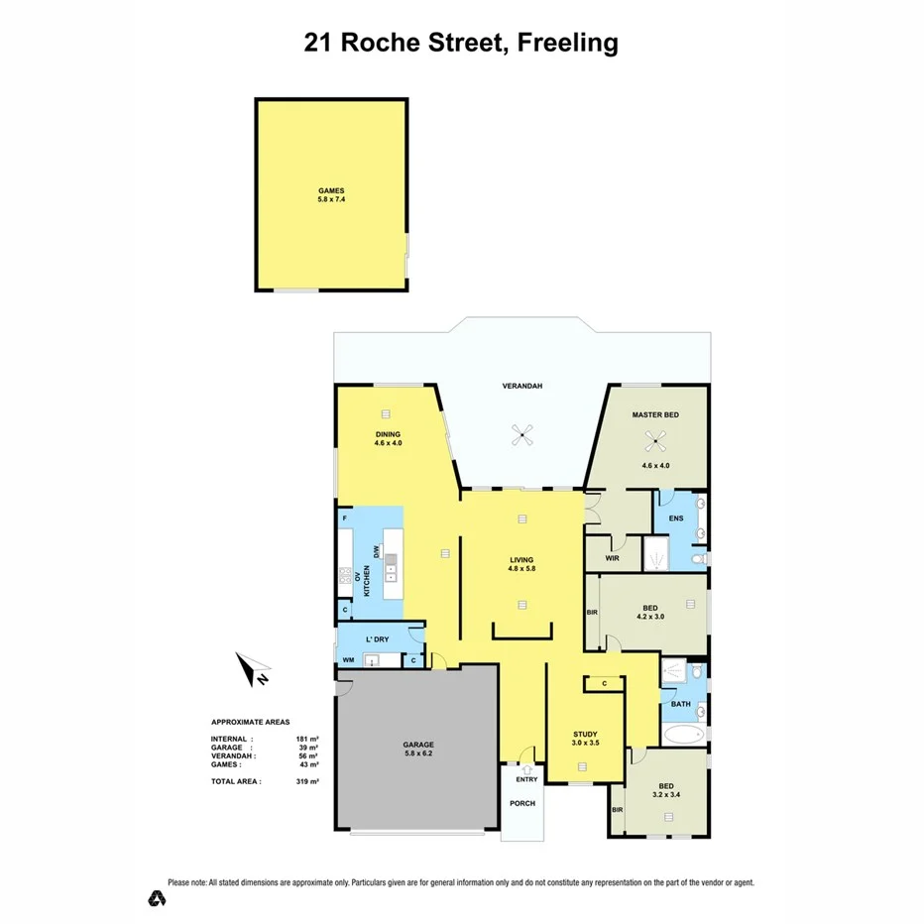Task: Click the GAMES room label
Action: [331, 191]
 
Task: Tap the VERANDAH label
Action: [523, 387]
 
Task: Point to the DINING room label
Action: [388, 434]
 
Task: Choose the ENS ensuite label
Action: [676, 519]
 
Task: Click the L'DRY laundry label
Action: [376, 638]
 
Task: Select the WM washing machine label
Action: [348, 660]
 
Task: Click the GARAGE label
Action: [418, 744]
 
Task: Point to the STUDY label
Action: [585, 733]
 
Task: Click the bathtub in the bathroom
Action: [682, 735]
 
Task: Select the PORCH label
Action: [521, 803]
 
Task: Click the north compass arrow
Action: [253, 670]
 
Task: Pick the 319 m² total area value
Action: [307, 781]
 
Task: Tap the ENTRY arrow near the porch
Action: [526, 769]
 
